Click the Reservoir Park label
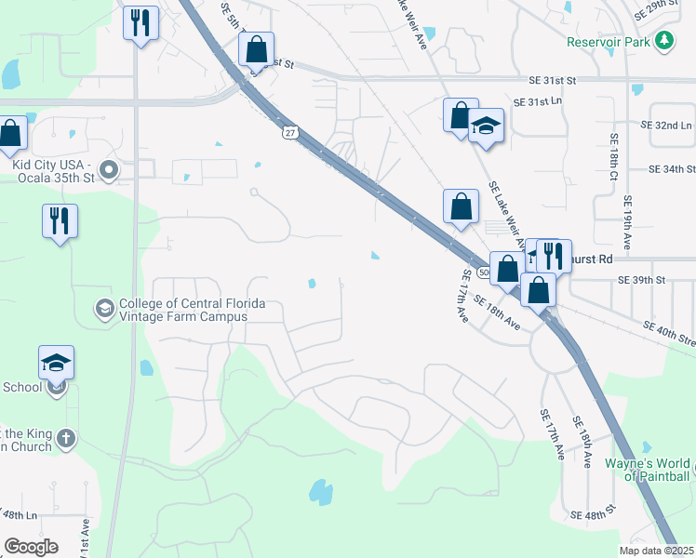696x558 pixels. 609,41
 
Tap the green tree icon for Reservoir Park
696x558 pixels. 664,41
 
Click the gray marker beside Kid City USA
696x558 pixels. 108,170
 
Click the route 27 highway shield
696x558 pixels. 290,135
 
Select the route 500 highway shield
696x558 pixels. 484,272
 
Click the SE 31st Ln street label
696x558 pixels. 539,101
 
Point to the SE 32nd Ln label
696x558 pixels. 667,125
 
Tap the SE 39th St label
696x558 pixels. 642,279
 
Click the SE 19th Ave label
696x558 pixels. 630,221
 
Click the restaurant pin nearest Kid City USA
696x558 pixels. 60,221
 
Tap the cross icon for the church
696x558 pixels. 65,437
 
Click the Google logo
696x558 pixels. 31,546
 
